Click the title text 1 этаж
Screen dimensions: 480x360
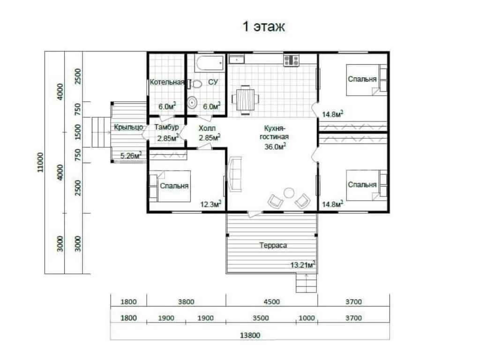pyautogui.click(x=263, y=27)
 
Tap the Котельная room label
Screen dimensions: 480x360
pyautogui.click(x=167, y=82)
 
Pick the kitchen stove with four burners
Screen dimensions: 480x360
pyautogui.click(x=291, y=60)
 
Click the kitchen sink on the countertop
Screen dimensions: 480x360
pyautogui.click(x=237, y=60)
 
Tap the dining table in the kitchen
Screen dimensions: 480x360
pyautogui.click(x=246, y=100)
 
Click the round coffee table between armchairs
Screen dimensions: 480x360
pyautogui.click(x=289, y=193)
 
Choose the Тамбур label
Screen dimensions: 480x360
pyautogui.click(x=166, y=127)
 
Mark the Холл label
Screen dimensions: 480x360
pyautogui.click(x=207, y=128)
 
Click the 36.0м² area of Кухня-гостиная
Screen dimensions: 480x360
pyautogui.click(x=275, y=146)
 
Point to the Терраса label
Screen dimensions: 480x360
pyautogui.click(x=273, y=245)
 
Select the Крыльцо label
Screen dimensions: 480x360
pyautogui.click(x=128, y=127)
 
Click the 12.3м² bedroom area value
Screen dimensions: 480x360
pyautogui.click(x=211, y=204)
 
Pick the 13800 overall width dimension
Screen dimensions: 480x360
pyautogui.click(x=250, y=335)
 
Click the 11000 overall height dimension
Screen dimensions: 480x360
pyautogui.click(x=40, y=162)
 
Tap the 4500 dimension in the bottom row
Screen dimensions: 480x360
pyautogui.click(x=272, y=302)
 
